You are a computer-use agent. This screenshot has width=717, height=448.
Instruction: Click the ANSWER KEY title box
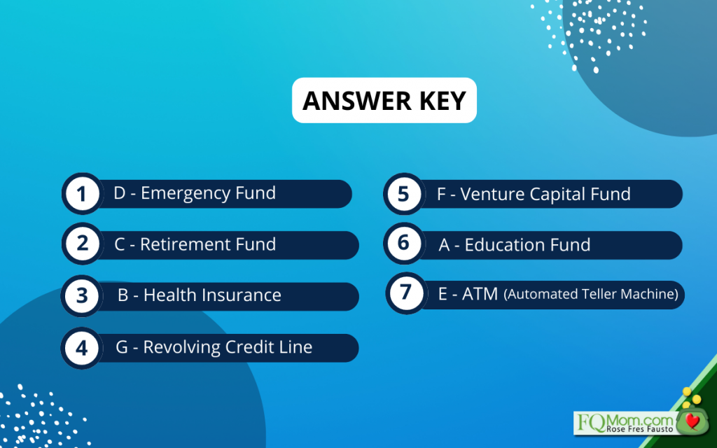[384, 100]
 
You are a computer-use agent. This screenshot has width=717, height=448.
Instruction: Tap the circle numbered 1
[83, 194]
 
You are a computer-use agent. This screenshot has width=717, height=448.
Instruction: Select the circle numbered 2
[83, 244]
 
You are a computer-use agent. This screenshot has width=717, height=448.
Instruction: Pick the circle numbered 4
[82, 348]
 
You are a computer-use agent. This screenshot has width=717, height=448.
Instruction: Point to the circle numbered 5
[404, 194]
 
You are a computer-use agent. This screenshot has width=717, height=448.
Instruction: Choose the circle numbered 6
[404, 243]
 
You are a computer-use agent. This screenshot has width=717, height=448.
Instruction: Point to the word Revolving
[183, 348]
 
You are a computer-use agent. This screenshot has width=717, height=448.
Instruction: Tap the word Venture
[493, 195]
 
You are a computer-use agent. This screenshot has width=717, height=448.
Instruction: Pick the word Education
[501, 245]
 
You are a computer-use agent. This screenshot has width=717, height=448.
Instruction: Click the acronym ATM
[480, 294]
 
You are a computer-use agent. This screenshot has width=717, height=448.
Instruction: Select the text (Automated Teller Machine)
[591, 294]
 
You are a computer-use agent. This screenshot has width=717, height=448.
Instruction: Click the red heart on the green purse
[693, 421]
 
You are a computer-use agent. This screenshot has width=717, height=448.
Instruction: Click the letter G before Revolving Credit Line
[122, 347]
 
